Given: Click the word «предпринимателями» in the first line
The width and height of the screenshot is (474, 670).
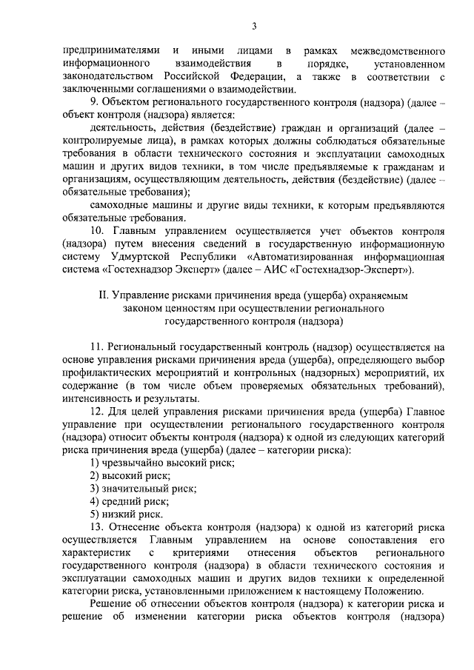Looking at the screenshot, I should (111, 50).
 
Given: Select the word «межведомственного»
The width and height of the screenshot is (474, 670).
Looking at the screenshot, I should (398, 50).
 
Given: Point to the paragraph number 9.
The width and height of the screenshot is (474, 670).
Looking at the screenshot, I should (93, 102).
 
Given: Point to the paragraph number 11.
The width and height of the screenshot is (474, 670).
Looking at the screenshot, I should (96, 346).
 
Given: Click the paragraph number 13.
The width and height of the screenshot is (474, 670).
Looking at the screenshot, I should (96, 527).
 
